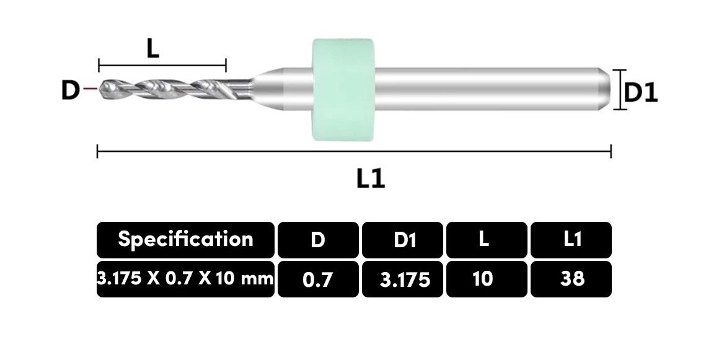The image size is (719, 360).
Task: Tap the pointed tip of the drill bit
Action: coord(100,89)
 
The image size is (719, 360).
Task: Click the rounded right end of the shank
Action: coord(606,89)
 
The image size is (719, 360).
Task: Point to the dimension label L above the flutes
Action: coord(152,48)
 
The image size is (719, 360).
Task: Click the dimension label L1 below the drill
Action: coord(371,178)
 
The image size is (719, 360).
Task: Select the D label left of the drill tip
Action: coord(69,90)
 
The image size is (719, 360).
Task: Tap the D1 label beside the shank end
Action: coord(641,93)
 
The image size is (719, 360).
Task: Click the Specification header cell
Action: coord(186,240)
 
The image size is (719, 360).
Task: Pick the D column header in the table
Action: coord(318,240)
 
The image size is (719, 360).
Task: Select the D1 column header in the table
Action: coord(403,240)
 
